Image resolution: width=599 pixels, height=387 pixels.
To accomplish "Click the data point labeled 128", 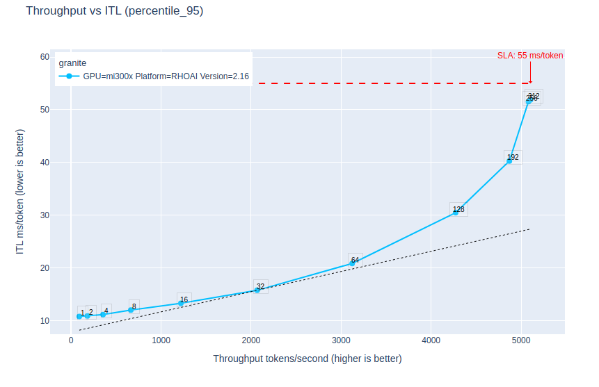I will click(456, 212).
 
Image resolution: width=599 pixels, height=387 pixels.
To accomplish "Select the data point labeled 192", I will click(509, 160).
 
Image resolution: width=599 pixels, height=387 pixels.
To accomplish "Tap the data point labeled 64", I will click(352, 263).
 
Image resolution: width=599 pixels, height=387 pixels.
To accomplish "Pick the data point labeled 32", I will click(257, 290).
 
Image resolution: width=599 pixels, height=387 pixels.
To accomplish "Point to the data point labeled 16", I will click(181, 303).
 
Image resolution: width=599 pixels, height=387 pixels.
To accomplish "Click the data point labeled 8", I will click(131, 310).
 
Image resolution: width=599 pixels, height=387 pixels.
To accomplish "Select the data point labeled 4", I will click(103, 314).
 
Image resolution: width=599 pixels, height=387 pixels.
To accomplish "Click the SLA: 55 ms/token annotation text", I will click(530, 56).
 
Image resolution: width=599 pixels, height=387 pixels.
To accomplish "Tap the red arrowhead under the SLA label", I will click(530, 81).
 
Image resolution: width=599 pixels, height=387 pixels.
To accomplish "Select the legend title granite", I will click(72, 63).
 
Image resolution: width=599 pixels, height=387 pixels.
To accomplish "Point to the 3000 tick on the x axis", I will click(341, 340).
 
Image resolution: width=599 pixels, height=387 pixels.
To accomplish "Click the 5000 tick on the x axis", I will click(522, 340).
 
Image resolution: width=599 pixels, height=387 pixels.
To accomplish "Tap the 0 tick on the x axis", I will click(71, 340).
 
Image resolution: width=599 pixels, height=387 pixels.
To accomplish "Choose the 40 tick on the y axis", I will click(45, 163).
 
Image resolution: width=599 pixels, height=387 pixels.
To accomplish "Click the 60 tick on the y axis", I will click(45, 57).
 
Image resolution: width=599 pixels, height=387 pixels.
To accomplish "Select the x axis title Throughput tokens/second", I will click(307, 359).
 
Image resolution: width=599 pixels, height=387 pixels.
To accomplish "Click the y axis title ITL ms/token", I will click(20, 190).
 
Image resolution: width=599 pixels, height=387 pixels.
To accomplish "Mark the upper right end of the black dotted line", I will click(529, 229).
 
